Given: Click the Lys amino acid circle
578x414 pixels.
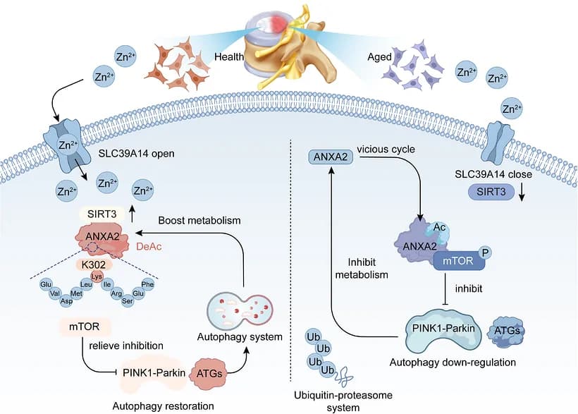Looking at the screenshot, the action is pos(97,276).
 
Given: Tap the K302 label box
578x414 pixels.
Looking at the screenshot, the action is pos(94,264).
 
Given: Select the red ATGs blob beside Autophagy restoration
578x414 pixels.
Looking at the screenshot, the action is pos(209,373).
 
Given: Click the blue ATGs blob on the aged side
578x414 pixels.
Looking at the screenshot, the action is pos(507,331).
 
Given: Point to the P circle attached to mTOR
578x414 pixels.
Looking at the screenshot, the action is pos(486,252).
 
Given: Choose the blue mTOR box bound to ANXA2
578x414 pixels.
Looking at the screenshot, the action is pos(459,261).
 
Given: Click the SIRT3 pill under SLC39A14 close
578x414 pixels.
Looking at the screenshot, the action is pos(491,192).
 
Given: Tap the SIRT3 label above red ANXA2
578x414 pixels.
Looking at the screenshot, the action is pos(102,214).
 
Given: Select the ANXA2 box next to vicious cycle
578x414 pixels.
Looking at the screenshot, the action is pos(331,157).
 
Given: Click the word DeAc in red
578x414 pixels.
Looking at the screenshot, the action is pos(149,246).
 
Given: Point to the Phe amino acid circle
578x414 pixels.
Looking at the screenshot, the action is pos(148,284).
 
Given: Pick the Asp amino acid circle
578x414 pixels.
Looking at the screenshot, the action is pos(67,301).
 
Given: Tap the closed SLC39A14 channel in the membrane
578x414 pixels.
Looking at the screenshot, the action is pos(499,142).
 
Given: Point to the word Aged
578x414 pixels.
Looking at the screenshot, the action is pos(379,57).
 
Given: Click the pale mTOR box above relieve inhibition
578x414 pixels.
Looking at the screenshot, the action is pos(85,327).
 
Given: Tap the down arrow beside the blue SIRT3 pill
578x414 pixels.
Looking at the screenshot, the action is pos(521,193).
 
